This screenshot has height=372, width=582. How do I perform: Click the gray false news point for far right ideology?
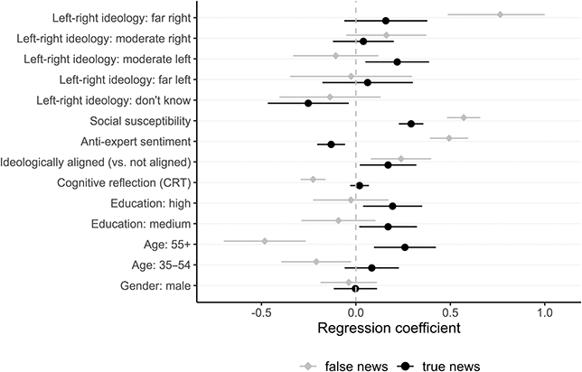pyautogui.click(x=501, y=14)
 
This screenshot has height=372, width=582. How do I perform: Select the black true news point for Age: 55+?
pyautogui.click(x=405, y=246)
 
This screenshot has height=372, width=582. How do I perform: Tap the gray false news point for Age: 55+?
pyautogui.click(x=265, y=241)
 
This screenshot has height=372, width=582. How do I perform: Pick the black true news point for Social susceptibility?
pyautogui.click(x=411, y=124)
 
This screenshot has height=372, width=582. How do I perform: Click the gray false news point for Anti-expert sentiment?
pyautogui.click(x=448, y=138)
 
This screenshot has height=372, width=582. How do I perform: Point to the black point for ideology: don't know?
pyautogui.click(x=308, y=103)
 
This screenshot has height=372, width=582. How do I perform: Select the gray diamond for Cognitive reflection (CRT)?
pyautogui.click(x=313, y=180)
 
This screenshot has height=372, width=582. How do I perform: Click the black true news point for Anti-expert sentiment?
pyautogui.click(x=331, y=144)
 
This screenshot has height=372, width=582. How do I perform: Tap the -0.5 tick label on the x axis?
pyautogui.click(x=261, y=312)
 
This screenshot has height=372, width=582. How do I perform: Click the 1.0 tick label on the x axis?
pyautogui.click(x=544, y=312)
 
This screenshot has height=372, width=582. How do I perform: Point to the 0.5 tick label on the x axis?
pyautogui.click(x=450, y=312)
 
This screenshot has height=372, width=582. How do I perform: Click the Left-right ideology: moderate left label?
pyautogui.click(x=107, y=60)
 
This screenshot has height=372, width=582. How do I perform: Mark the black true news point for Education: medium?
pyautogui.click(x=389, y=227)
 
